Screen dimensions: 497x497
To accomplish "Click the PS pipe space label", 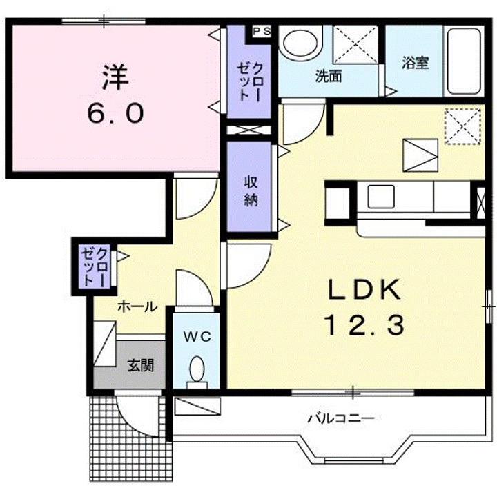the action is [262, 31].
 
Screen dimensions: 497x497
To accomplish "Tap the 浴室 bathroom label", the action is [416, 63].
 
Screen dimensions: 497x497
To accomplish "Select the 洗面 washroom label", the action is [329, 76].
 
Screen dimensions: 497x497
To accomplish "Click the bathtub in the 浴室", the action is [463, 61].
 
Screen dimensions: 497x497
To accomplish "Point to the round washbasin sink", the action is [300, 43].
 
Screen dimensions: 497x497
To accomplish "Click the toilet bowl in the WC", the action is [197, 369].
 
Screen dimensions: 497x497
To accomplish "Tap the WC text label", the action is [197, 337].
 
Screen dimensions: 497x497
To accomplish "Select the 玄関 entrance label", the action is [141, 365].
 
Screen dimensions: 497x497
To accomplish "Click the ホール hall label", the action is [137, 306].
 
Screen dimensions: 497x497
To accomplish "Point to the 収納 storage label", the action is [251, 191].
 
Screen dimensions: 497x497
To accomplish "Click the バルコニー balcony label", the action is [341, 419].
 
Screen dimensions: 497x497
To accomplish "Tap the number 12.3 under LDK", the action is [364, 325].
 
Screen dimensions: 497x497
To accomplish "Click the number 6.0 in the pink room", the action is [115, 113].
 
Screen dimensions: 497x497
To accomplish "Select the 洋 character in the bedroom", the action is [115, 77].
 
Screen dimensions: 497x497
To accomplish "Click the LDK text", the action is [364, 289].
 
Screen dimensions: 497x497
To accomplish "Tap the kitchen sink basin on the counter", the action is [381, 197].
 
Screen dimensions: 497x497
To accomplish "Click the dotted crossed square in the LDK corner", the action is [463, 126].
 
